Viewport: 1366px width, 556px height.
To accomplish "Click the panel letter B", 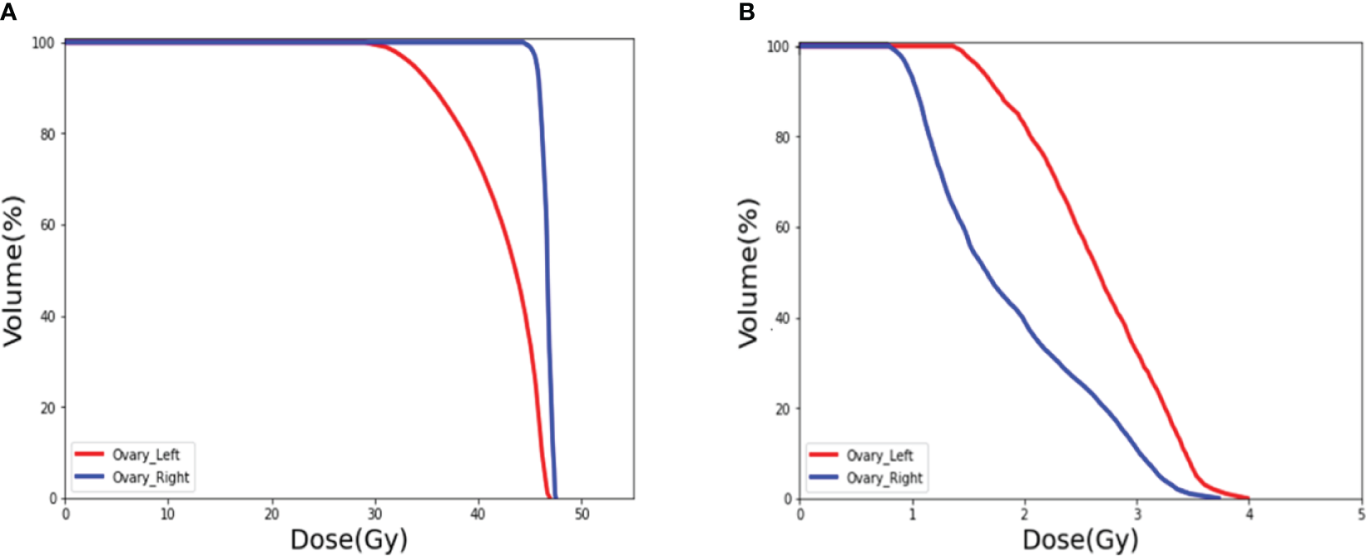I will point(746,12).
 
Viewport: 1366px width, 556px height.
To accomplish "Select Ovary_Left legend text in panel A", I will point(145,455).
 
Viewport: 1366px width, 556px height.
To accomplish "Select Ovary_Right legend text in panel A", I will point(150,477).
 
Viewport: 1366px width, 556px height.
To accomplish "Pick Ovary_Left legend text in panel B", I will point(879,456).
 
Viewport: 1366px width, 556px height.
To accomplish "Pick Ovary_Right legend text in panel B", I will point(884,478).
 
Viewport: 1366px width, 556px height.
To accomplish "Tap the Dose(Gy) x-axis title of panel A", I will point(349,539).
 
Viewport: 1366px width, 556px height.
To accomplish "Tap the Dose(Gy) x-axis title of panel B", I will point(1080,540).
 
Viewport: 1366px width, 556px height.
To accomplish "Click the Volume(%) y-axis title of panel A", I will point(14,271).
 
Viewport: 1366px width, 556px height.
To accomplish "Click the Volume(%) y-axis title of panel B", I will point(749,273).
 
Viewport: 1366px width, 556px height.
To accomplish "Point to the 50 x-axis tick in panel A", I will point(581,515).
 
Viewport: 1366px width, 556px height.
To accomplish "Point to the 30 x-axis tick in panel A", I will point(374,515).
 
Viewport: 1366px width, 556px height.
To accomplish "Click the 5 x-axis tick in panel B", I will point(1361,515).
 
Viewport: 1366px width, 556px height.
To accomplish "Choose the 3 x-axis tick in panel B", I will point(1137,515).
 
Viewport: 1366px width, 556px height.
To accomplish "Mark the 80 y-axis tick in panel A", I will point(48,134).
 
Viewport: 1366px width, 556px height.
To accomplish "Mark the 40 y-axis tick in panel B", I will point(782,318).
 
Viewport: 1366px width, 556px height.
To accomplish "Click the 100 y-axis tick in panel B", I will point(778,47).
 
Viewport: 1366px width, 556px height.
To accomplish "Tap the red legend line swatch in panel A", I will point(89,454).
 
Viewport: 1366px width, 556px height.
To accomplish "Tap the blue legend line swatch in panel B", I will point(823,478).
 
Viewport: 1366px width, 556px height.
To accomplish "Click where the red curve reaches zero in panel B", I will point(1248,498).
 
